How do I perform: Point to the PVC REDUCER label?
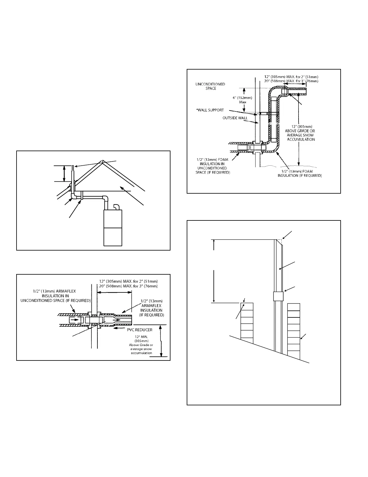140,330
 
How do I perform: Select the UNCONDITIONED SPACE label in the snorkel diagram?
210,86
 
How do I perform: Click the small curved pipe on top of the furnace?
117,207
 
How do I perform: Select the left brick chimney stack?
247,323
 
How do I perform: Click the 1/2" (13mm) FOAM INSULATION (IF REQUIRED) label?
304,173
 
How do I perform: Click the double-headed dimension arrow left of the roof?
64,174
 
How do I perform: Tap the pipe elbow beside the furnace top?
106,198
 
